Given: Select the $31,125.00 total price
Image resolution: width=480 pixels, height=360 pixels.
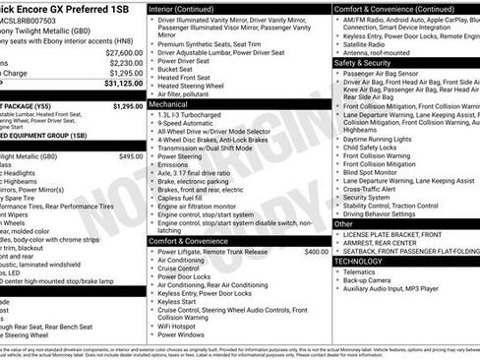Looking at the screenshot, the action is pyautogui.click(x=123, y=85).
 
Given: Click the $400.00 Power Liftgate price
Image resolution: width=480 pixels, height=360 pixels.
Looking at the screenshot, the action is pyautogui.click(x=317, y=252).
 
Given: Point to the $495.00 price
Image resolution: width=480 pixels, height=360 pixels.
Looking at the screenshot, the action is pyautogui.click(x=131, y=156).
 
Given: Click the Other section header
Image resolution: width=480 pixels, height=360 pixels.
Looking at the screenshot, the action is pyautogui.click(x=343, y=224).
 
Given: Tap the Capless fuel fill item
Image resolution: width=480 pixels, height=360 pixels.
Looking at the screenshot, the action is pyautogui.click(x=188, y=198).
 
